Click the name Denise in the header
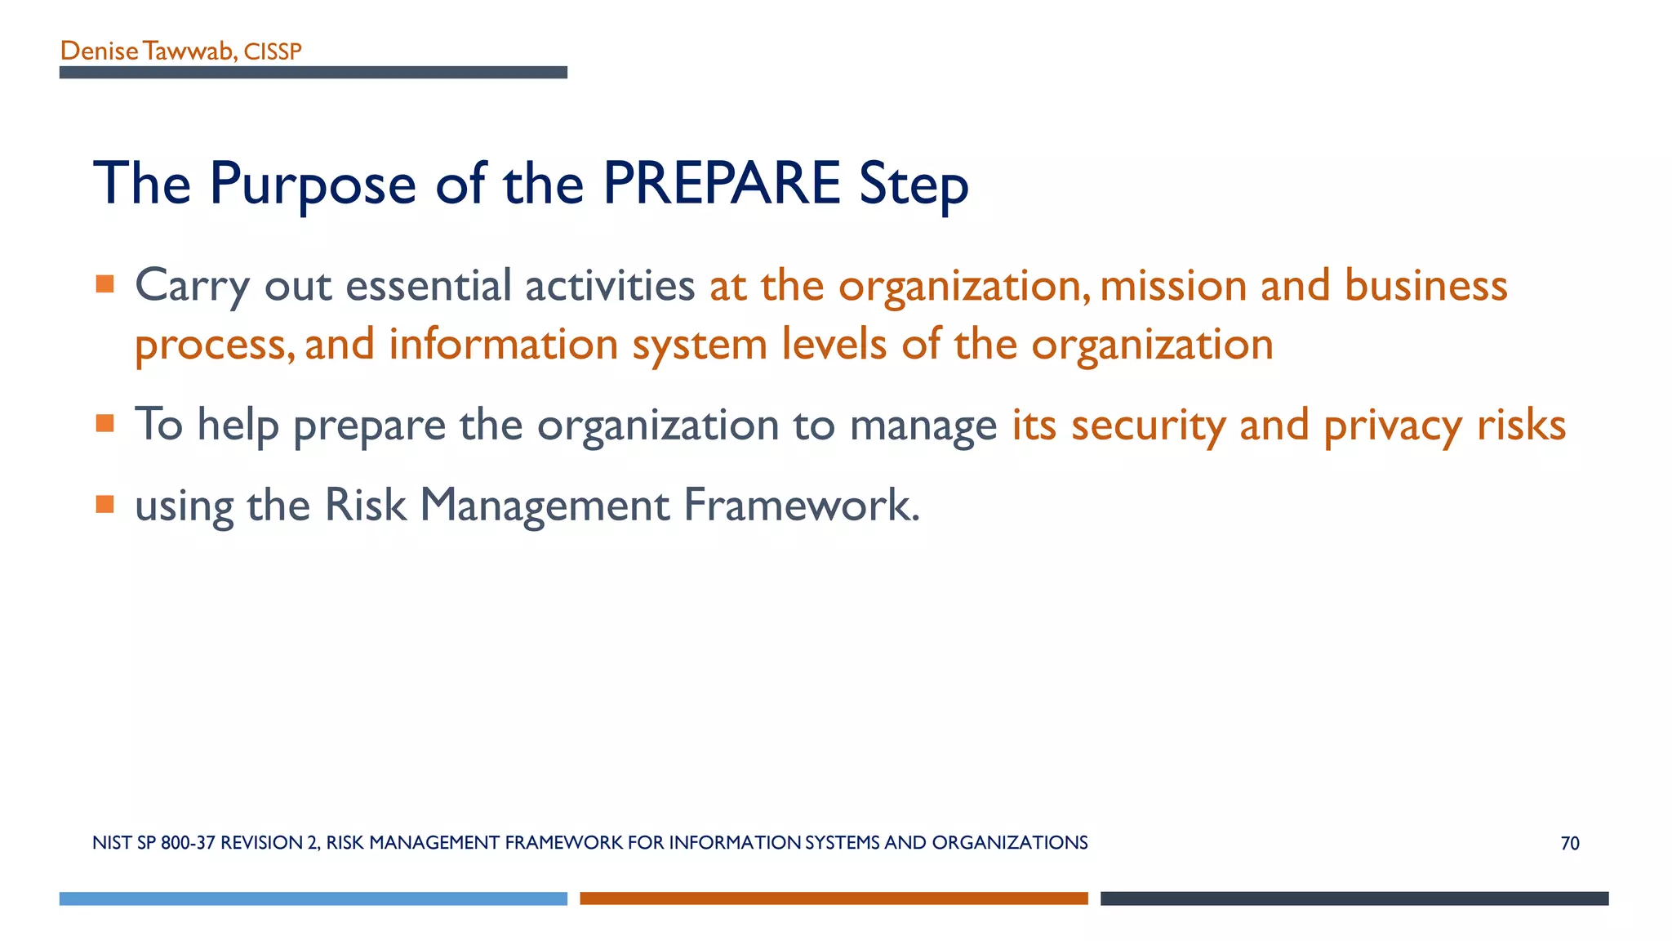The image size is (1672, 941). tap(99, 51)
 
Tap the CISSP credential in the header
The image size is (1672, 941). tap(273, 51)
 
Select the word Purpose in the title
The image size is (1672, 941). tap(313, 185)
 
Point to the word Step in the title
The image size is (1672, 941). tap(913, 185)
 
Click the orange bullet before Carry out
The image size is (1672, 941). tap(104, 284)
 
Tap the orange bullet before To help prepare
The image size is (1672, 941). tap(104, 423)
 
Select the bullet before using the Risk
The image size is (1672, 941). tap(104, 504)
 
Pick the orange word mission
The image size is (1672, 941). tap(1172, 286)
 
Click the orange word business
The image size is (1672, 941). tap(1425, 286)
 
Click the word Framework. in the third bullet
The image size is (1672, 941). tap(802, 505)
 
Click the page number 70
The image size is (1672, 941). tap(1569, 844)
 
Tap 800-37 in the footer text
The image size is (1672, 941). tap(188, 843)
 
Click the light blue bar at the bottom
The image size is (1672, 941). tap(313, 899)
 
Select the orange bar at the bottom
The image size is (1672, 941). tap(834, 899)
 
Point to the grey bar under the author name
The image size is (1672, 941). tap(313, 73)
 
